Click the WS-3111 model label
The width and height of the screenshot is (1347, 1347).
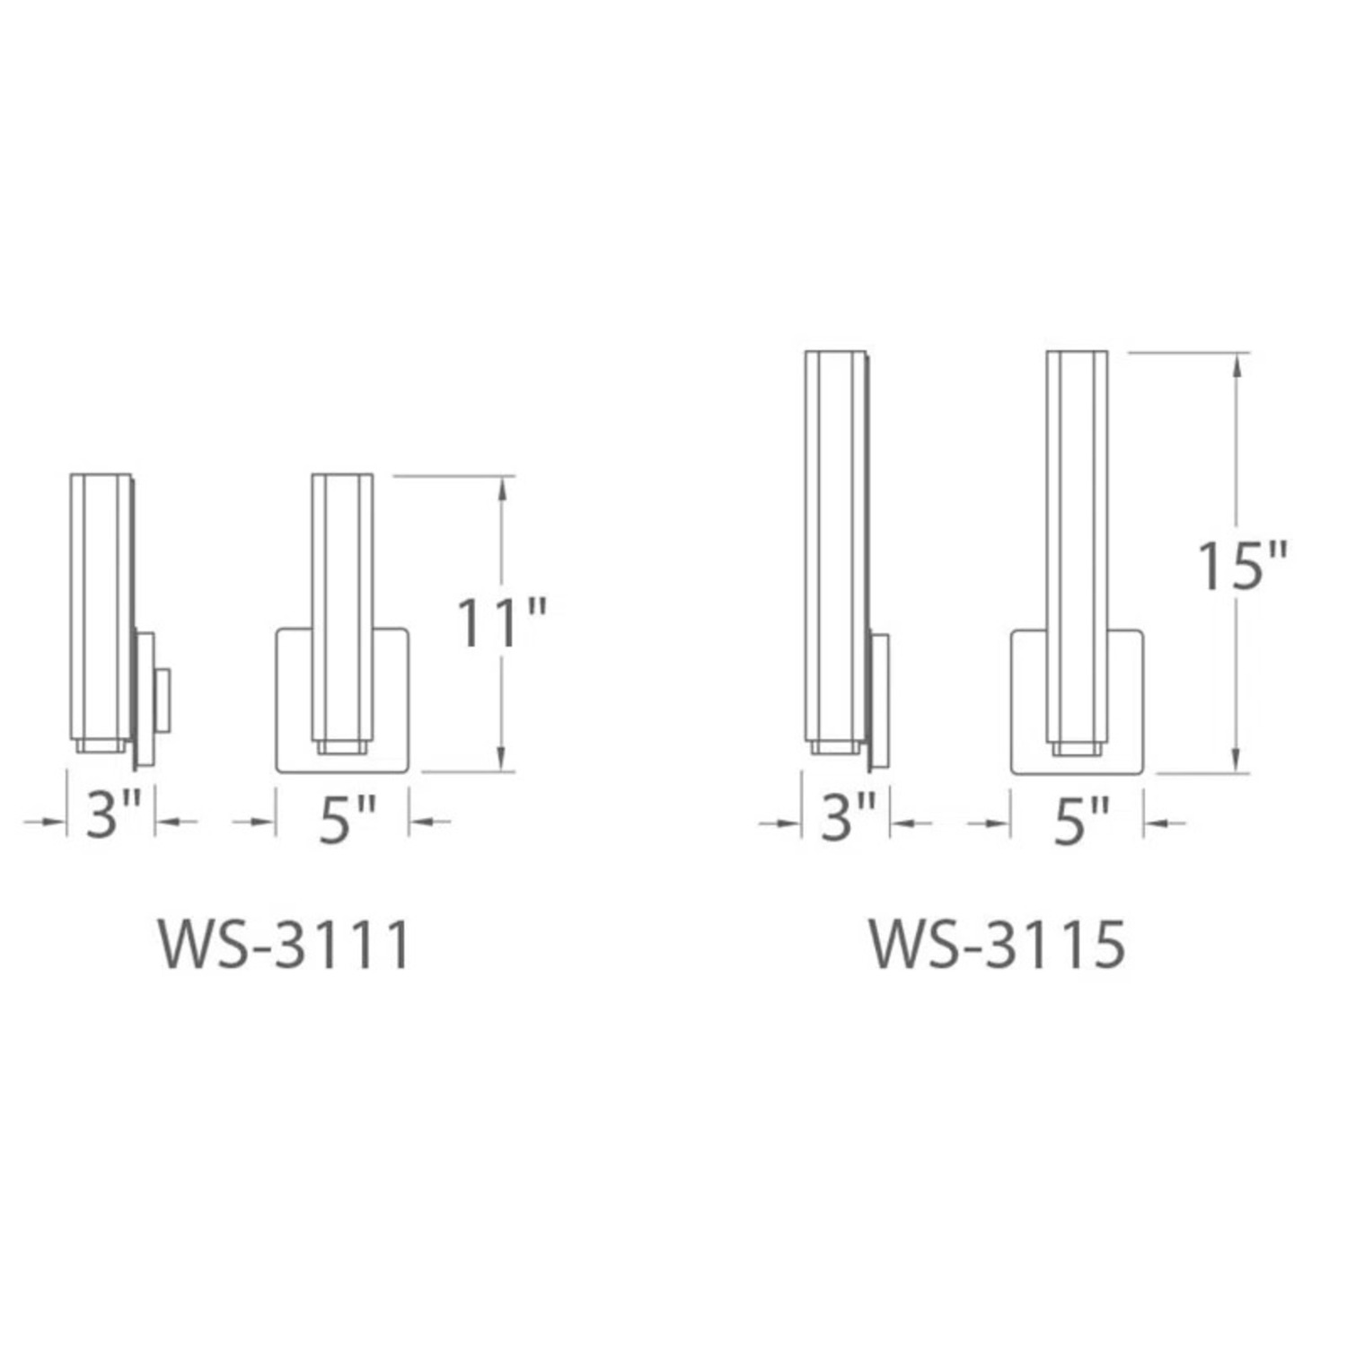(x=286, y=945)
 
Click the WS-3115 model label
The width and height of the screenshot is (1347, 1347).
(x=997, y=945)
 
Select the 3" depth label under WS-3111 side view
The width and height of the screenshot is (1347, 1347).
(x=113, y=817)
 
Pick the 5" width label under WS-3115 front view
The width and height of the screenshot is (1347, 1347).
(x=1081, y=821)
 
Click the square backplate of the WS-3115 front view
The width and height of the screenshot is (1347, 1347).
(x=1029, y=700)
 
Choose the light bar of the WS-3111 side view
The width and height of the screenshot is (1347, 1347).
(x=101, y=602)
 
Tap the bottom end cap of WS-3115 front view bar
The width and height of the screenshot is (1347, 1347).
(x=1076, y=747)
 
